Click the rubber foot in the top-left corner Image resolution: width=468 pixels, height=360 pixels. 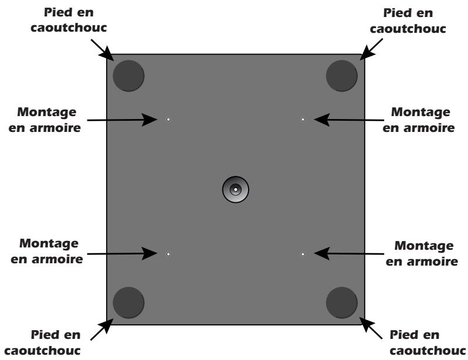(x=128, y=74)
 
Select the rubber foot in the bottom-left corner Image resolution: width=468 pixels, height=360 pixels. (x=128, y=302)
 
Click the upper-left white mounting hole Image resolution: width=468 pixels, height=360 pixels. (x=168, y=120)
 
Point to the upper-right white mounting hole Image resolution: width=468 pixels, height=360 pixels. (x=303, y=120)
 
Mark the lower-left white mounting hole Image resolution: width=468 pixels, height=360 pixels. (x=168, y=254)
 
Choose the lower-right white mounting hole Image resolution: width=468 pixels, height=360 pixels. (x=303, y=254)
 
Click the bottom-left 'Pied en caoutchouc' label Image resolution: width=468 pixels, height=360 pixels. (x=57, y=342)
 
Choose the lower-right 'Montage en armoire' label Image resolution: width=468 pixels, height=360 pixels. (x=422, y=251)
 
